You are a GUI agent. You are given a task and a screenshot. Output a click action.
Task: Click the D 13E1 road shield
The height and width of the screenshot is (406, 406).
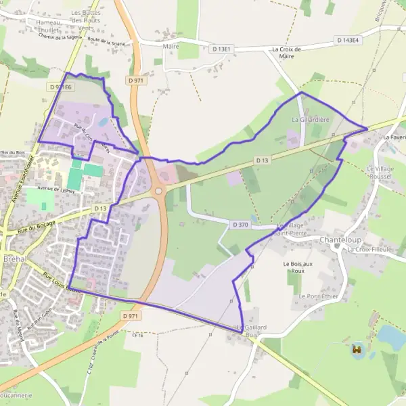221,49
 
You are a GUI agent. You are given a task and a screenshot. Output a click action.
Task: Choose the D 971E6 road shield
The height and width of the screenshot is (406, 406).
60,87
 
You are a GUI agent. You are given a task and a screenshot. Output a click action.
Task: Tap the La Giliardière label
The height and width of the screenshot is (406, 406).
310,119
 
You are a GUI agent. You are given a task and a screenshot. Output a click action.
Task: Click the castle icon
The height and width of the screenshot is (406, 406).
356,350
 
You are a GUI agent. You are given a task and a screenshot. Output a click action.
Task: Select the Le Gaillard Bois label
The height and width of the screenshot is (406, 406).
251,331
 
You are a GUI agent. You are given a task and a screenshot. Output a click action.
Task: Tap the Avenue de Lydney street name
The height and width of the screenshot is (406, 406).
55,188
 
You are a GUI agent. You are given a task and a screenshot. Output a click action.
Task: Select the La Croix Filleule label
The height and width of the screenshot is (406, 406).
369,249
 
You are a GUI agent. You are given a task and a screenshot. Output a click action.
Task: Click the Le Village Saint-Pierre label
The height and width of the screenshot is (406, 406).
296,229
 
